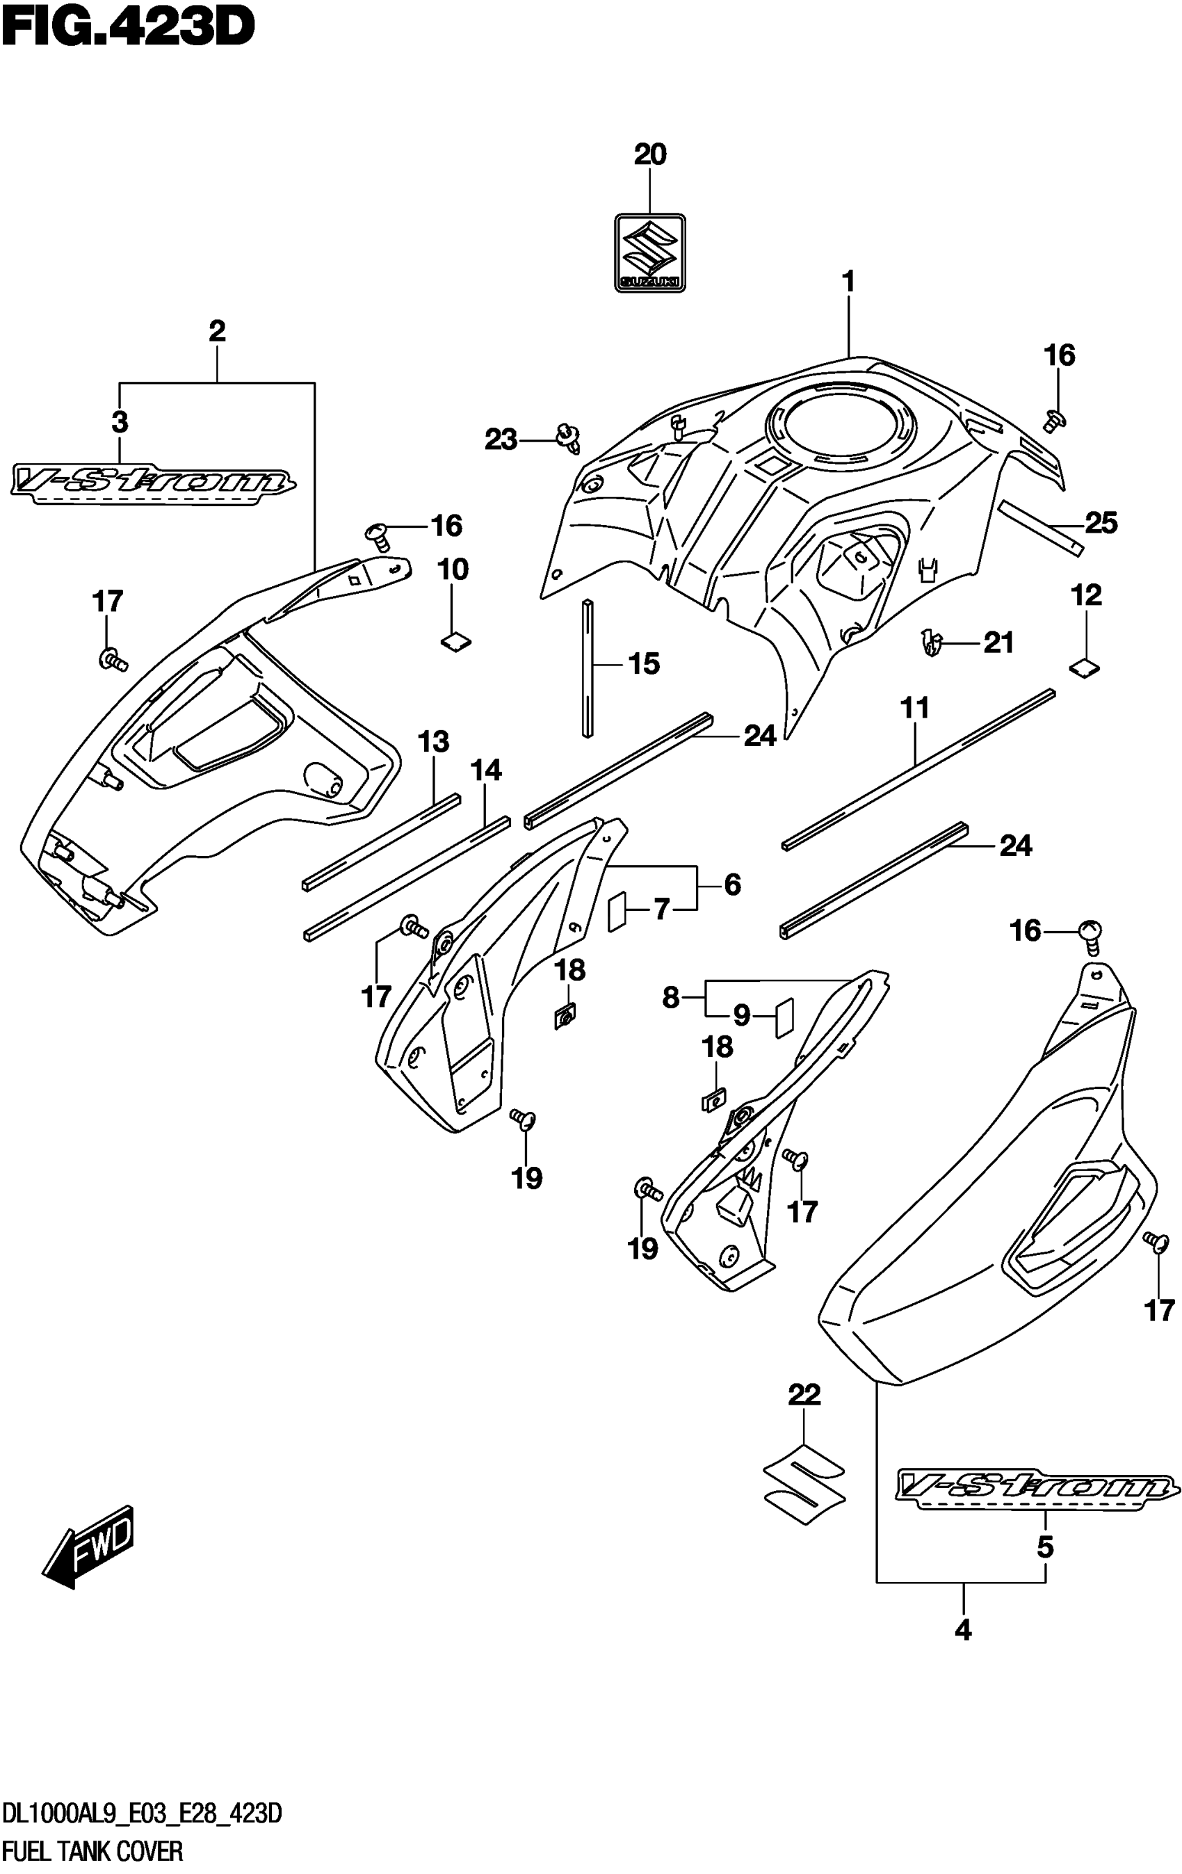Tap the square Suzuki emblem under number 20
tap(649, 253)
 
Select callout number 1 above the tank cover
tap(848, 281)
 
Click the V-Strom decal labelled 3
tap(152, 484)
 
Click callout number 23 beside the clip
tap(501, 439)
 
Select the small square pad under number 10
tap(456, 641)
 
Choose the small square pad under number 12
tap(1085, 666)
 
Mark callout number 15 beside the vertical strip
tap(644, 664)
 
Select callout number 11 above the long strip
tap(915, 708)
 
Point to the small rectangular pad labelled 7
tap(616, 910)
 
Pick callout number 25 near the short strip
tap(1100, 523)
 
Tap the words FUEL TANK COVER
tap(93, 1850)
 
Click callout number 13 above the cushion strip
tap(433, 742)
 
